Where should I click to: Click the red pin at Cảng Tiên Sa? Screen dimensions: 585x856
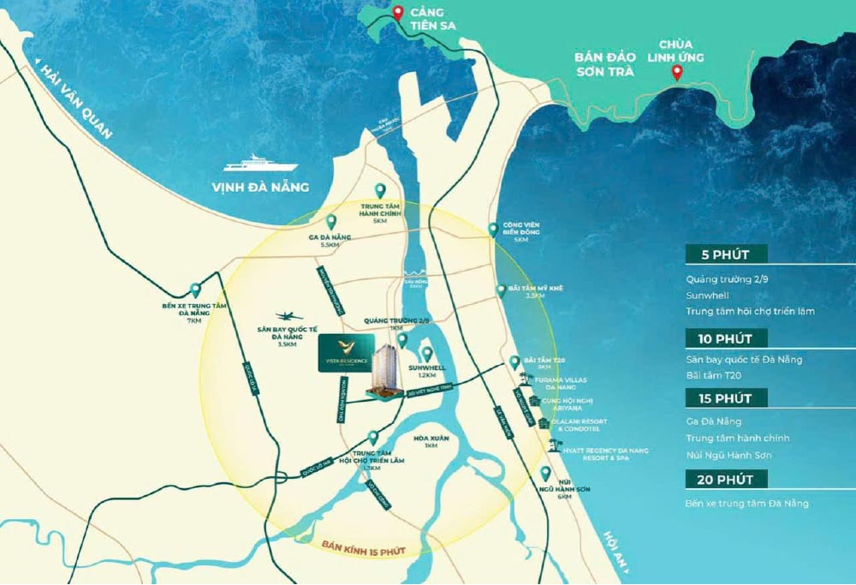398,14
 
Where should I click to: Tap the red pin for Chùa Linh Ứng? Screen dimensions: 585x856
676,73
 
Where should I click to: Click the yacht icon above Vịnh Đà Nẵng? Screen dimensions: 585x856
259,164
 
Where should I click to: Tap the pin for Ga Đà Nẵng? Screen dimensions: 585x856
331,221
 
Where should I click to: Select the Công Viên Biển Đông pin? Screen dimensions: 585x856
493,229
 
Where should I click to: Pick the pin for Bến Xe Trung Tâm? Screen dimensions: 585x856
196,290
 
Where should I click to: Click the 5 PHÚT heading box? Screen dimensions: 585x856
726,254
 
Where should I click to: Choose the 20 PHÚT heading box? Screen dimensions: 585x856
726,479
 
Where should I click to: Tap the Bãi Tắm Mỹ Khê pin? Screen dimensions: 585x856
502,290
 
